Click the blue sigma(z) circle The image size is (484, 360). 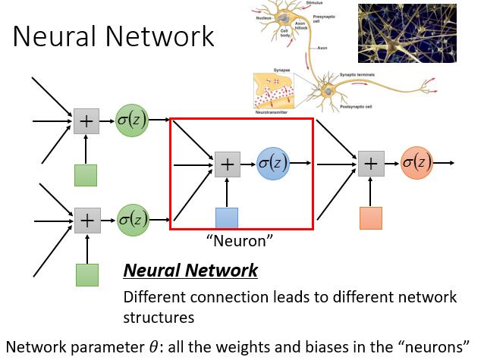[273, 162]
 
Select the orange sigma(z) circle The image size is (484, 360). [416, 162]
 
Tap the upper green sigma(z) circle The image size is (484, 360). [132, 120]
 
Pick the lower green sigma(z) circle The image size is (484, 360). [132, 219]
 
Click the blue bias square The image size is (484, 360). [226, 218]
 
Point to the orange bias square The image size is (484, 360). [370, 218]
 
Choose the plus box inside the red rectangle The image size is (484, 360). [227, 164]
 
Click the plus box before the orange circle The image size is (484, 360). [370, 164]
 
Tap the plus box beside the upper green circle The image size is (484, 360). [86, 121]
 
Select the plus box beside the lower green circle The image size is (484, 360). [86, 220]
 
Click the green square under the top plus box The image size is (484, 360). [86, 175]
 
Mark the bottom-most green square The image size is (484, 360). [86, 274]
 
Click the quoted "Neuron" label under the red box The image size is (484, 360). [240, 240]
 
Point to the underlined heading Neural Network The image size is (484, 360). [190, 271]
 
